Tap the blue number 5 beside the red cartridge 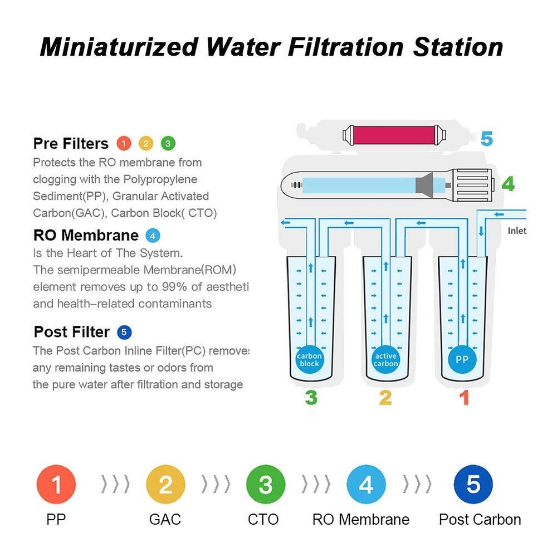tap(486, 138)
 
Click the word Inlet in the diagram tap(517, 231)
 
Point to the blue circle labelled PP tap(462, 360)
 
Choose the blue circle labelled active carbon tap(385, 360)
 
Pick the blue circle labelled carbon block tap(309, 360)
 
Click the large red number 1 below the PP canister tap(463, 398)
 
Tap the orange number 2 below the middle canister tap(385, 398)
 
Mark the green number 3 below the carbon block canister tap(311, 398)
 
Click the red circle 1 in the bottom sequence tap(56, 485)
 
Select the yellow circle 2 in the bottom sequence tap(165, 485)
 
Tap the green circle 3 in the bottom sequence tap(266, 485)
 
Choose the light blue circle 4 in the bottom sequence tap(366, 485)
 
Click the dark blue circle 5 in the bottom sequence tap(473, 485)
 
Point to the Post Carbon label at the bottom tap(480, 520)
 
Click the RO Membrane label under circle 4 tap(360, 520)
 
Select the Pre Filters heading tap(71, 144)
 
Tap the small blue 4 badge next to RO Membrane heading tap(153, 235)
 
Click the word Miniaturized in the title tap(119, 47)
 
